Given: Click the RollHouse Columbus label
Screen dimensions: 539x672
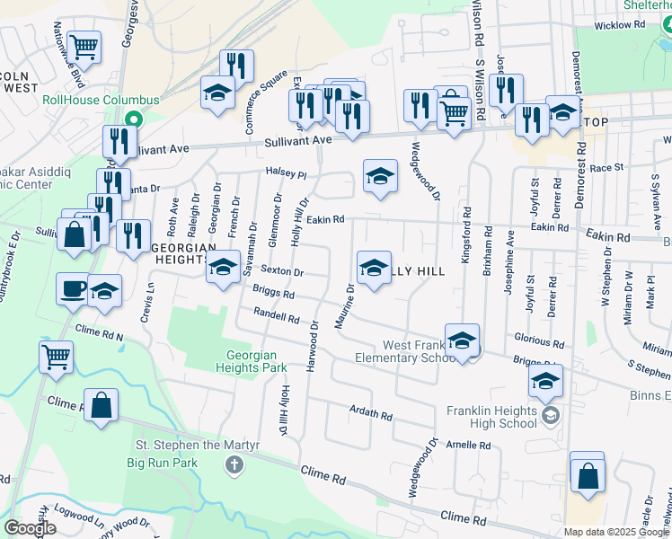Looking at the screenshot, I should [x=101, y=100].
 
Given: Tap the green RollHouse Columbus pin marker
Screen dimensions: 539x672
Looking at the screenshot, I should [x=134, y=119].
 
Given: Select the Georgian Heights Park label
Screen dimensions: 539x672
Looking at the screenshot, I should [x=252, y=361].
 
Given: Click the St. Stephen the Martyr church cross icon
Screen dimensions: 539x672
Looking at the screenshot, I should [x=234, y=464].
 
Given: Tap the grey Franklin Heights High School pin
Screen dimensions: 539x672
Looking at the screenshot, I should [x=550, y=416].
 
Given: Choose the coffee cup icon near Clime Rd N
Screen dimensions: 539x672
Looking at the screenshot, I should [x=73, y=289].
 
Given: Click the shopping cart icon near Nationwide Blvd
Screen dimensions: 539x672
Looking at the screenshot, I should [x=84, y=45].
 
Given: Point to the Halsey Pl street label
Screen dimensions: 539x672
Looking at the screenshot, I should [x=286, y=172].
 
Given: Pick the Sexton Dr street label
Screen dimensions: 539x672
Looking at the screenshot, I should [x=282, y=271].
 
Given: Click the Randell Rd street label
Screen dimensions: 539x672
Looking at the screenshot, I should [x=276, y=316].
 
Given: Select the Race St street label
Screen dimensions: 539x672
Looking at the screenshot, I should [x=606, y=167].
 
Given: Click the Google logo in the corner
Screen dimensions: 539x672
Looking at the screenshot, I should [x=29, y=528].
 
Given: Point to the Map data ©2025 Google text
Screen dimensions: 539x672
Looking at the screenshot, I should [x=615, y=532].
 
